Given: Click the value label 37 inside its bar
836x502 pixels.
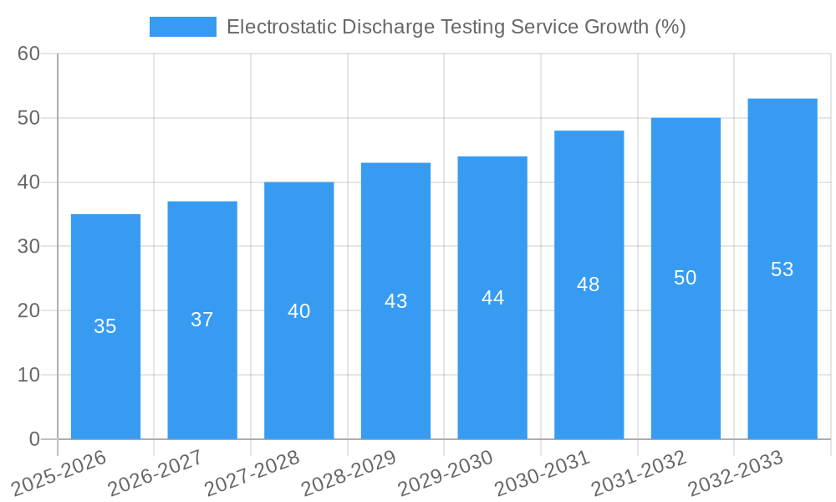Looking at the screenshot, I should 202,320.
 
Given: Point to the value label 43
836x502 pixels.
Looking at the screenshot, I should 395,301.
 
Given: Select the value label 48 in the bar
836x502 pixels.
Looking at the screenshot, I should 589,284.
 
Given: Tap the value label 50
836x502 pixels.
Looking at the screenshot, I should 685,278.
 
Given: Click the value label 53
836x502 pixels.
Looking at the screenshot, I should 782,269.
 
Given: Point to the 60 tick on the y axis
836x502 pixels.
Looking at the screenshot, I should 28,54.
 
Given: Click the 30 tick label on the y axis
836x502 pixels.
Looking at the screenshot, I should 28,247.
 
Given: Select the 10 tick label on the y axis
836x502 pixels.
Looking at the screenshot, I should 28,375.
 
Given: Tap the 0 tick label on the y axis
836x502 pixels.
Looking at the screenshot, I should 34,439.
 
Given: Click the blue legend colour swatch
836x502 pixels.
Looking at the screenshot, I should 182,27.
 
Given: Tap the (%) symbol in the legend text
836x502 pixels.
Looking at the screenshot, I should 670,27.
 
